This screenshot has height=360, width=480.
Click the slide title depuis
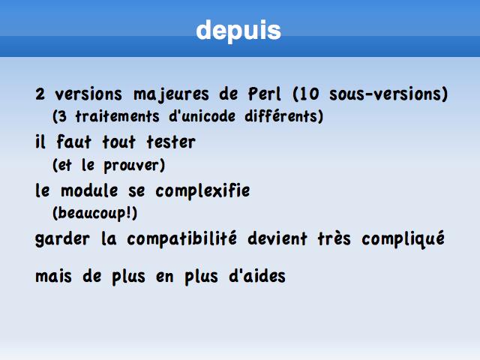point(238,31)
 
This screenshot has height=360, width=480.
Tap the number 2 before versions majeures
point(40,94)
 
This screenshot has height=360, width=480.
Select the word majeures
point(172,94)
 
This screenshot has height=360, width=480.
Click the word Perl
point(265,94)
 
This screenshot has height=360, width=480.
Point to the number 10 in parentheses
point(308,94)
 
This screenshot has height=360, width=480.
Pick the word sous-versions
point(385,94)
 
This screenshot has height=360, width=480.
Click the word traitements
point(117,116)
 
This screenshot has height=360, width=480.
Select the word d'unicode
point(202,116)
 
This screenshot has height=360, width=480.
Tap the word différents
point(281,116)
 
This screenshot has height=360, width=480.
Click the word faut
point(73,142)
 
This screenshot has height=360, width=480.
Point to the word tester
point(171,142)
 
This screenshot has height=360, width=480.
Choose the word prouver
point(131,166)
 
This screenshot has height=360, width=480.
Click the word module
point(89,190)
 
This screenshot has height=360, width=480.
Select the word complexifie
point(202,191)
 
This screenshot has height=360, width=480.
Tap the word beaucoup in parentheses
point(91,213)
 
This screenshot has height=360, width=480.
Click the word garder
point(62,239)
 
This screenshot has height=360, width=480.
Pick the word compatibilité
point(181,238)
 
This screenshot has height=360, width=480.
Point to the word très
point(334,238)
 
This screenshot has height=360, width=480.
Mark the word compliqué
point(403,238)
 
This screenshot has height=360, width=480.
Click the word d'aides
point(257,277)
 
